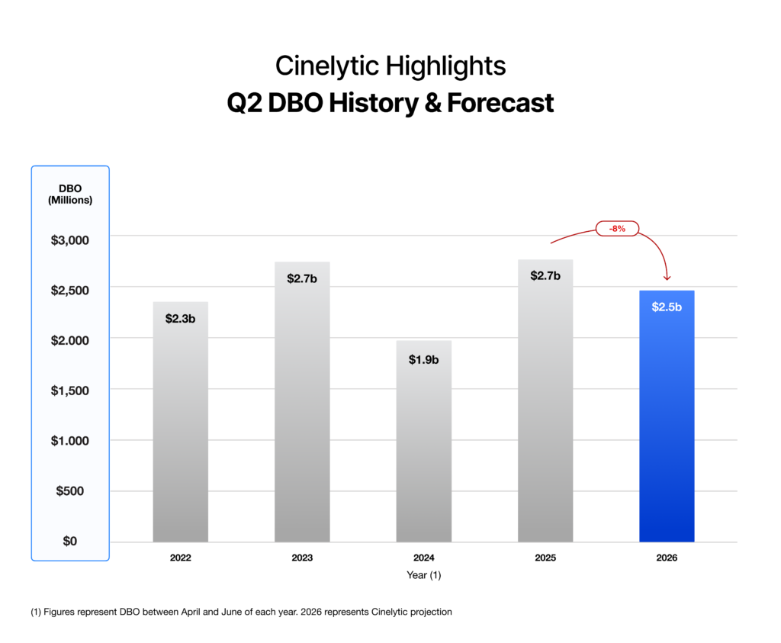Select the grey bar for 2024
[423, 450]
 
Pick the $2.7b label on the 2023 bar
[302, 278]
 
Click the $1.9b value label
[423, 359]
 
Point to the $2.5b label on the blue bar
[667, 307]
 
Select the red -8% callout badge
[616, 228]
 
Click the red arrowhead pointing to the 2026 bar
[667, 278]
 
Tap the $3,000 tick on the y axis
[70, 240]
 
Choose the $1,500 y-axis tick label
[70, 391]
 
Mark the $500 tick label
[70, 490]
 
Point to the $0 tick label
[70, 541]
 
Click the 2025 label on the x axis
[545, 558]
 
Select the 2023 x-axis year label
[302, 558]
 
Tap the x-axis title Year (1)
[423, 576]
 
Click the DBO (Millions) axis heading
[70, 195]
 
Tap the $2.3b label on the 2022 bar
[180, 318]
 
